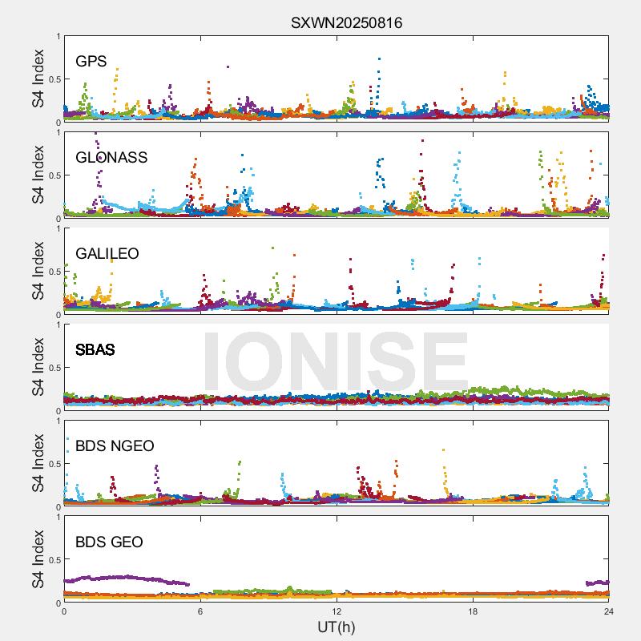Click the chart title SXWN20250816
(346, 23)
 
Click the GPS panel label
(91, 61)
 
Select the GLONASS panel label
(111, 157)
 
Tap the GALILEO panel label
(107, 253)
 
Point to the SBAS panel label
(95, 349)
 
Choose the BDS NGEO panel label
(115, 445)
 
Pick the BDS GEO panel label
(109, 542)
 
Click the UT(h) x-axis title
(337, 627)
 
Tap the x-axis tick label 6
(200, 611)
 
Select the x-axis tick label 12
(337, 611)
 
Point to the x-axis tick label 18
(473, 611)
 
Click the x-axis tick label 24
(609, 611)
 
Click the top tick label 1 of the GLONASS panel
(58, 132)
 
